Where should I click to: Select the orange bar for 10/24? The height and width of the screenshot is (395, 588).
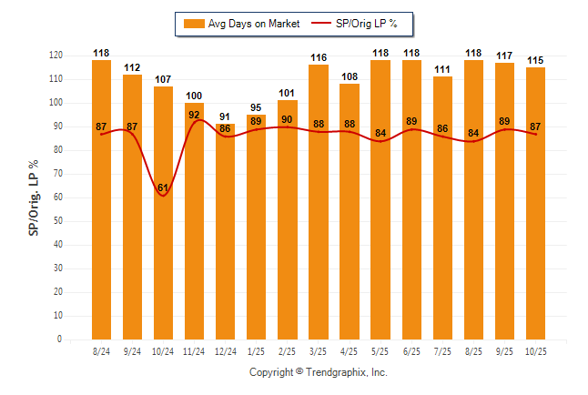tap(163, 255)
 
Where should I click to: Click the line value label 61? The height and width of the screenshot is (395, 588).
tap(163, 188)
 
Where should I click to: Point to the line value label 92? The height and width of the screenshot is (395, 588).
tap(194, 115)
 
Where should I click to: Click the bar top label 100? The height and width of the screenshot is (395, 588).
tap(194, 96)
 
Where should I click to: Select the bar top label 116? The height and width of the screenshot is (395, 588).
tap(318, 57)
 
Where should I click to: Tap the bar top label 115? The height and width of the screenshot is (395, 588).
tap(535, 60)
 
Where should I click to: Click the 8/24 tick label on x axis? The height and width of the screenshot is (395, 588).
tap(101, 350)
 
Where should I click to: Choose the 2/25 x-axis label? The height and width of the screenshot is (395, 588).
tap(287, 350)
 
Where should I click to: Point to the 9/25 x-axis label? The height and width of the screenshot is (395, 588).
tap(504, 350)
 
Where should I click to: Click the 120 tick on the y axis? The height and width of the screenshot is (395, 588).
tap(56, 56)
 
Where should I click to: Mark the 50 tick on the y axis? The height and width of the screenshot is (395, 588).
tap(58, 221)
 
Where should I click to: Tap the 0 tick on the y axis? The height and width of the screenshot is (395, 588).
tap(60, 339)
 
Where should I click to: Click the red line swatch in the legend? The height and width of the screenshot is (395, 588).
tap(322, 23)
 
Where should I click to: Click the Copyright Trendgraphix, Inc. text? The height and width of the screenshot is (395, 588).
tap(319, 372)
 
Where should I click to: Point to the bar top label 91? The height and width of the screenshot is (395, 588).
tap(225, 116)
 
